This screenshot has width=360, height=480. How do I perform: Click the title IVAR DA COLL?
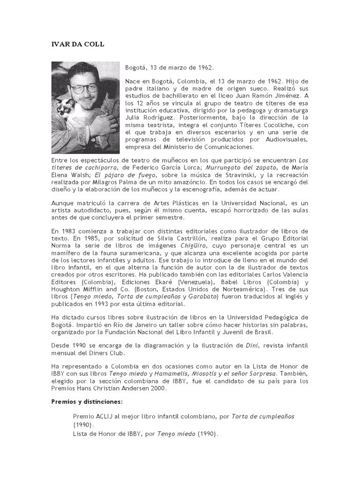pos(77,44)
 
